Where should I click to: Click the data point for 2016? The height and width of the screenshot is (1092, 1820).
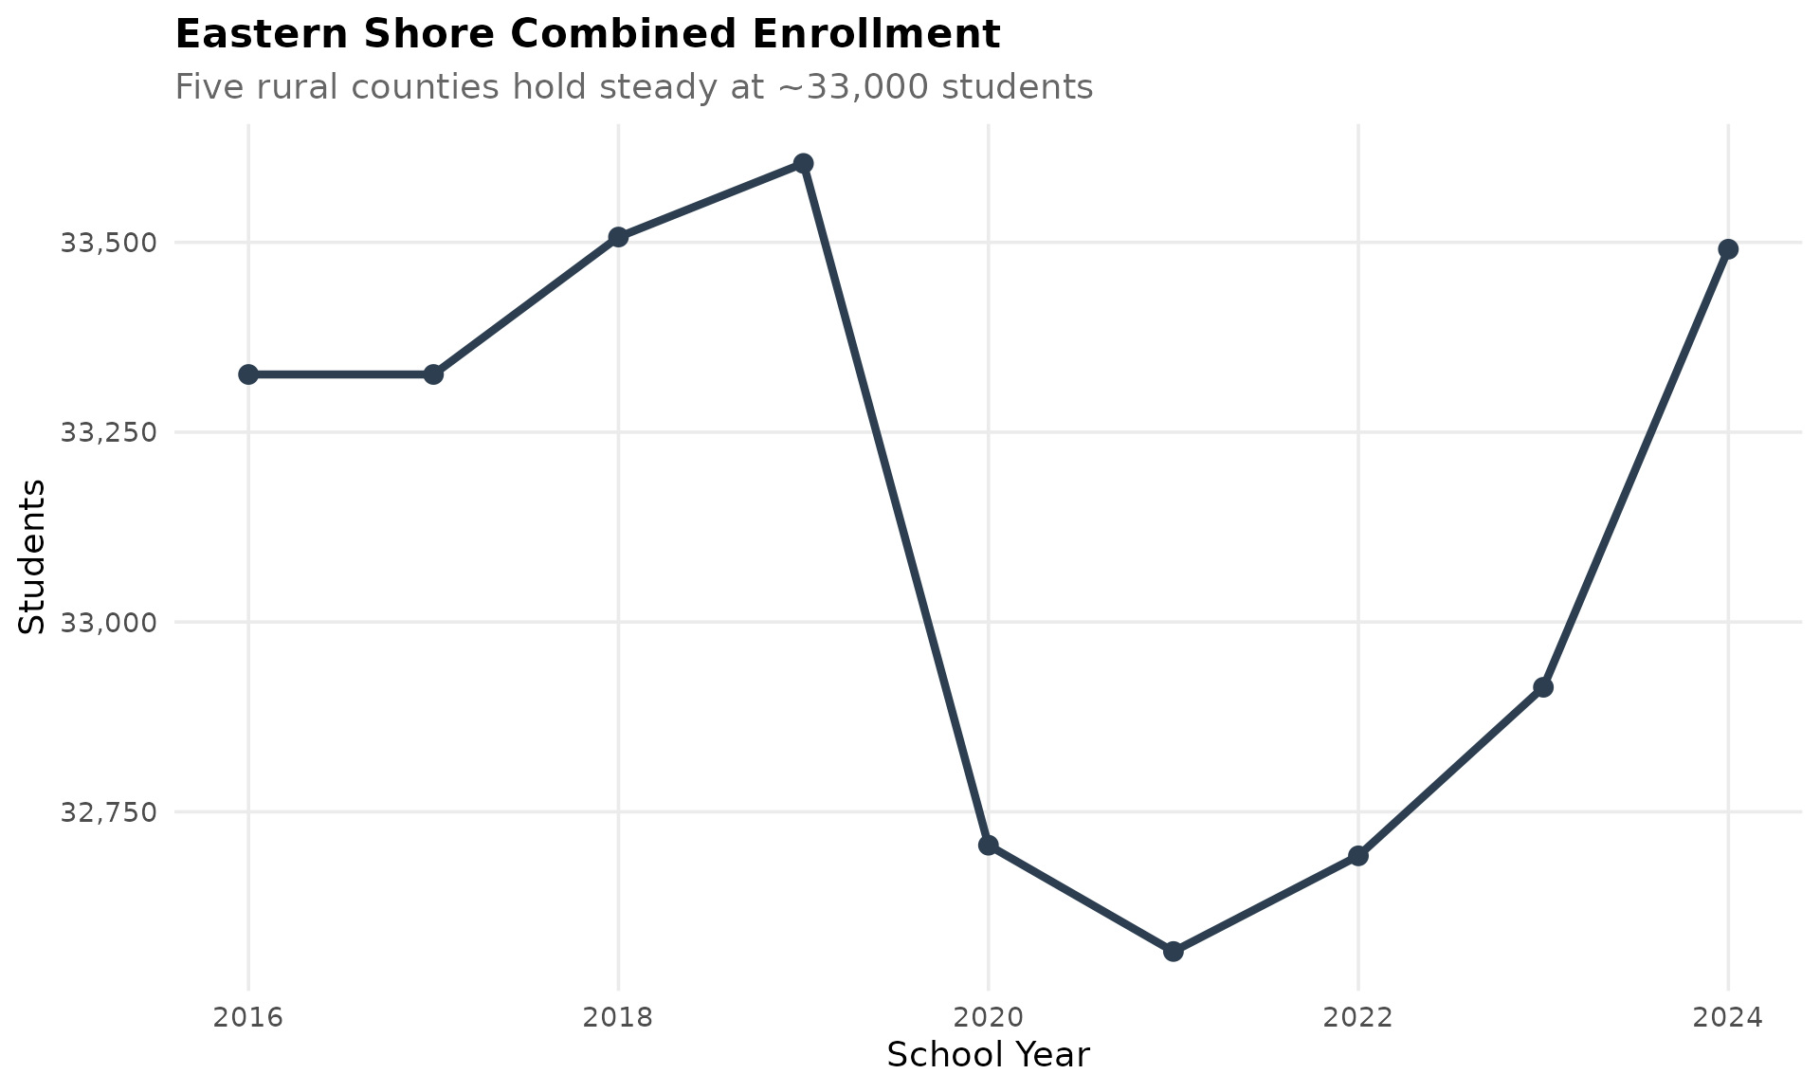[248, 374]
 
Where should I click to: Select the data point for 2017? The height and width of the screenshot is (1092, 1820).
[433, 374]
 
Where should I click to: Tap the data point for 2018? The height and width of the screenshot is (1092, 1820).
[618, 237]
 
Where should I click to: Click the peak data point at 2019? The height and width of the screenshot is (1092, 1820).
[803, 163]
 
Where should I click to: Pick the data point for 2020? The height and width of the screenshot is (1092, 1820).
[988, 845]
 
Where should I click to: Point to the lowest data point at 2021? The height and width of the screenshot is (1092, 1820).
[1173, 951]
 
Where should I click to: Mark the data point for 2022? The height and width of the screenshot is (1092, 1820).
[1357, 856]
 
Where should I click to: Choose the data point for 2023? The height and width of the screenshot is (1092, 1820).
[1542, 686]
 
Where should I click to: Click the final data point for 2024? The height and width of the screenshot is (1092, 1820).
[1727, 249]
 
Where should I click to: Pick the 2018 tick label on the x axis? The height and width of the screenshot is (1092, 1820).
[618, 1018]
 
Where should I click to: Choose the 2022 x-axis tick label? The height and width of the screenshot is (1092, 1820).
[1357, 1018]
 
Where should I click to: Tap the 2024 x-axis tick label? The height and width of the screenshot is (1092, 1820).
[1727, 1018]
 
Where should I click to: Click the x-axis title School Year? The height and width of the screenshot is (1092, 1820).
[988, 1055]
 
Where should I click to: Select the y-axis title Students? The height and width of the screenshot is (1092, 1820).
[32, 556]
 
